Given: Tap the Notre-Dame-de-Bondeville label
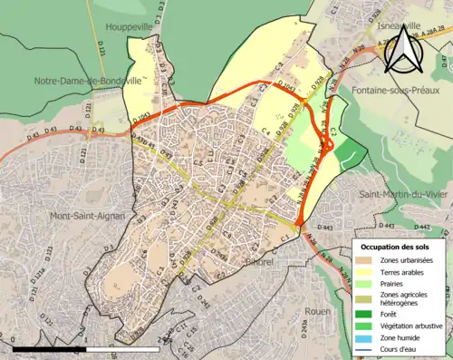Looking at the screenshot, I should click(88, 80).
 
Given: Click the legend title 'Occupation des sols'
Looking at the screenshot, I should click(400, 247).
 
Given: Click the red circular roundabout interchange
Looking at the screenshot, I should click(331, 143).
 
